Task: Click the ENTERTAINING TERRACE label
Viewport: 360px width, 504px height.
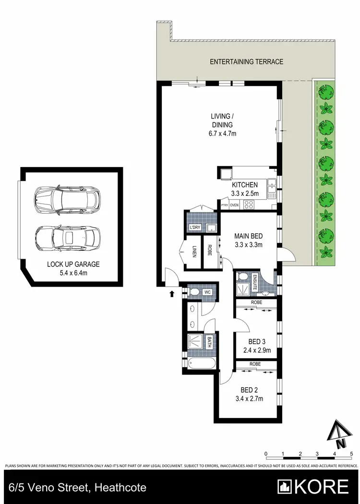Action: coord(246,61)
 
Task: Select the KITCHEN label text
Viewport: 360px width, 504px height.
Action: coord(245,185)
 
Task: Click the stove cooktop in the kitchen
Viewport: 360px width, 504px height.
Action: coord(249,204)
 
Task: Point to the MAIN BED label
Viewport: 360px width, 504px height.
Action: coord(248,236)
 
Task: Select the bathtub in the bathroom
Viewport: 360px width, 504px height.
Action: coord(200,363)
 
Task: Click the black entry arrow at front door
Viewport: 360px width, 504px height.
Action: coord(172,294)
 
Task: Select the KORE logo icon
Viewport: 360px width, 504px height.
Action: coord(285,487)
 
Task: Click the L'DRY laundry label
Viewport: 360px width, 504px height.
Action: coord(195,227)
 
